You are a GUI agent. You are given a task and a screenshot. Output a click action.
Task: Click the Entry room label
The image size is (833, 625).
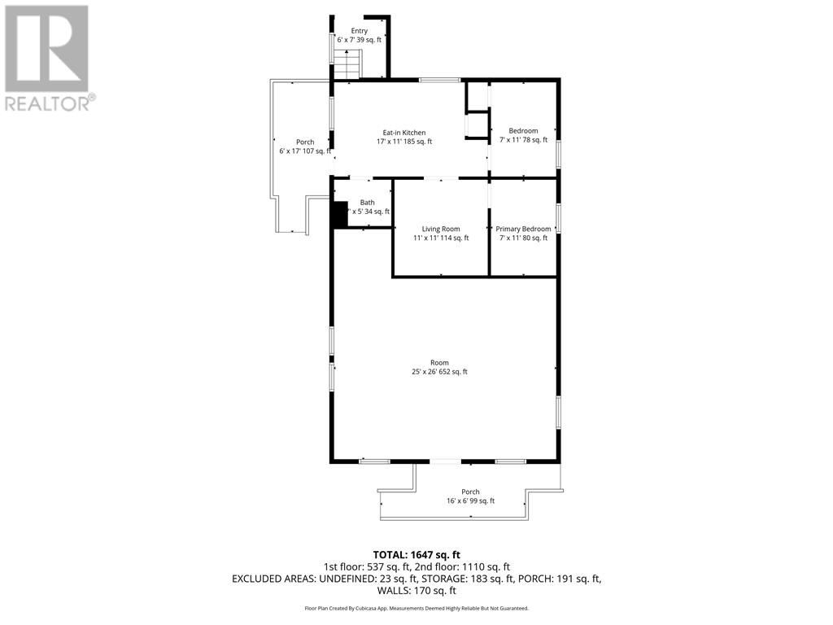[x=359, y=35]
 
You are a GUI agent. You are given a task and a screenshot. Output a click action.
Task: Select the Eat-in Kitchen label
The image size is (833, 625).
[x=404, y=137]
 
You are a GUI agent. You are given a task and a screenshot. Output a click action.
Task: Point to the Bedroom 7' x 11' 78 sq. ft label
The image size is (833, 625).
[x=523, y=136]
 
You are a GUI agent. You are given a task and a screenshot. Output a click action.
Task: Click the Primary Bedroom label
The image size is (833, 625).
[x=523, y=234]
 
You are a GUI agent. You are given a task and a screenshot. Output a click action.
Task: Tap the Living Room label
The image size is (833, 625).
[x=441, y=234]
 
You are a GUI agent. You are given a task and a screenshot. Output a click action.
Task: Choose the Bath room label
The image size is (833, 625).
[x=368, y=207]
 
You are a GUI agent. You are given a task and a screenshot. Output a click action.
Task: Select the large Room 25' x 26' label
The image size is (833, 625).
[x=439, y=367]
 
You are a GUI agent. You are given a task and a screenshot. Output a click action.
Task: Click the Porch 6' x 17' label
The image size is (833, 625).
[x=305, y=146]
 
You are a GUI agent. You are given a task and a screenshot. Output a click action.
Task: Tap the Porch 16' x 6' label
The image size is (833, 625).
[x=470, y=496]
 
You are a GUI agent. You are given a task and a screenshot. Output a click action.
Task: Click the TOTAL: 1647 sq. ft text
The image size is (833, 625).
[x=416, y=554]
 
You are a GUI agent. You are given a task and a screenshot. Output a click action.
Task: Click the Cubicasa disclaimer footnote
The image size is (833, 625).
[x=416, y=608]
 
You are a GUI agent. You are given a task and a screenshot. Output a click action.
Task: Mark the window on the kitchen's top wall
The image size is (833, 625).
[x=439, y=80]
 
